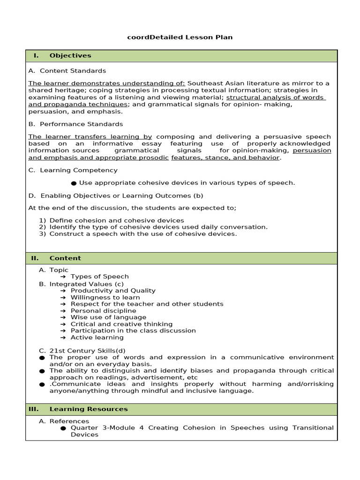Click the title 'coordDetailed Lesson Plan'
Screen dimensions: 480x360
[180, 37]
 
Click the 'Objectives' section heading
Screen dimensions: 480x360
[70, 56]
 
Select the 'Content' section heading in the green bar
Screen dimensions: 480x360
[65, 258]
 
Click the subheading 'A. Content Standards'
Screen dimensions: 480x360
[67, 71]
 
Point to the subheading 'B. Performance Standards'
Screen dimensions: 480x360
[75, 124]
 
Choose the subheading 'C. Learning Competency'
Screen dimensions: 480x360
[73, 170]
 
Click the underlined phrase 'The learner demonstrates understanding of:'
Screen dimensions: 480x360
[107, 83]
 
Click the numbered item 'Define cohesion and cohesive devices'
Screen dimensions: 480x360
[116, 220]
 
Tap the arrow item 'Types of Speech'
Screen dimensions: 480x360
[99, 277]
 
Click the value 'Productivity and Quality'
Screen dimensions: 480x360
[113, 291]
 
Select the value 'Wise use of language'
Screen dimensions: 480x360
[108, 317]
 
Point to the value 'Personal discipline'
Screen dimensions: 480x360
[103, 311]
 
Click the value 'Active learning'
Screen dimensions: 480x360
[97, 337]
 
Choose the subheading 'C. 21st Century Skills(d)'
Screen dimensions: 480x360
[82, 351]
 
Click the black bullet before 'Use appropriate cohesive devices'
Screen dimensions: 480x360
[74, 183]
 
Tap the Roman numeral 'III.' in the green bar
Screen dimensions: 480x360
[33, 409]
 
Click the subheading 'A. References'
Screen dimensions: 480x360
[64, 421]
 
